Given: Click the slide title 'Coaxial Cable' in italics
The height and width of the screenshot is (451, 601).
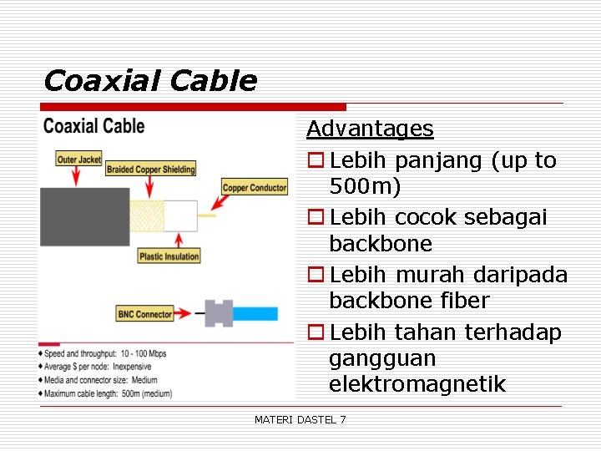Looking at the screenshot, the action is (150, 81).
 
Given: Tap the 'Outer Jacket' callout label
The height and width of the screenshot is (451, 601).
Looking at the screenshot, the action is (79, 160).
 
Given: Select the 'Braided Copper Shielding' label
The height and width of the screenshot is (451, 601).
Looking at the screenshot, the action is (150, 170).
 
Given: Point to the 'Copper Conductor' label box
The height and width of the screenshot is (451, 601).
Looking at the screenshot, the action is (255, 188).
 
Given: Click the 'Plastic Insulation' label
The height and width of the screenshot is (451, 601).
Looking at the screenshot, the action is (169, 256).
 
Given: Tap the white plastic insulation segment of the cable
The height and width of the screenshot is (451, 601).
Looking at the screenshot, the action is (180, 215).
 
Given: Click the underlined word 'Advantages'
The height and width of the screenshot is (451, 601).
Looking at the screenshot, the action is (370, 129).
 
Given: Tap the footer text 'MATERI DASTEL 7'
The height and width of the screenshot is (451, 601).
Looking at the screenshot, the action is (300, 419).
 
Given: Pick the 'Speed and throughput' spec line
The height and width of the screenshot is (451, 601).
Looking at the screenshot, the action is (106, 353).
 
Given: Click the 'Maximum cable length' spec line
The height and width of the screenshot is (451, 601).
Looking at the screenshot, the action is (109, 393).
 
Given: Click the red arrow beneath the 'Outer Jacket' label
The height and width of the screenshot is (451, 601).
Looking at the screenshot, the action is (78, 176).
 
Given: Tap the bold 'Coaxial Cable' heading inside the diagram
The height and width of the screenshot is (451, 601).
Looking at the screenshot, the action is (94, 126).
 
